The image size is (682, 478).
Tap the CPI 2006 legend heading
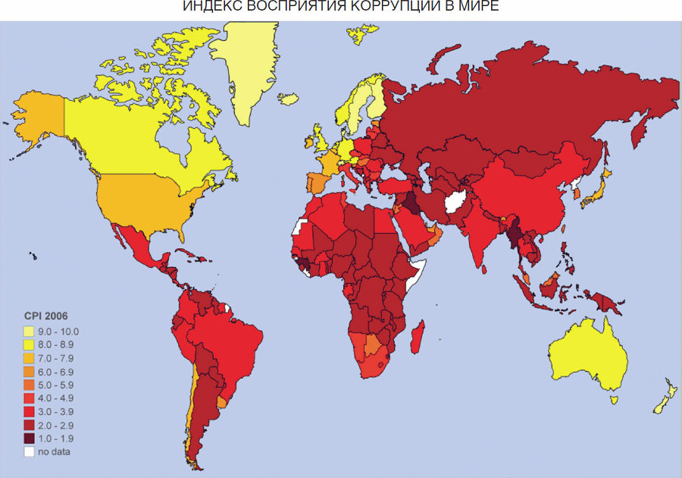47,316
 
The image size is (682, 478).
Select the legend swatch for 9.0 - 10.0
29,331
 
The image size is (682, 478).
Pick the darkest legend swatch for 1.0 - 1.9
29,438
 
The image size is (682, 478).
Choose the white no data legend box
29,451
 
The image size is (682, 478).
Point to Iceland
288,98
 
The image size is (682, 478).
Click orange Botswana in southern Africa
373,347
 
